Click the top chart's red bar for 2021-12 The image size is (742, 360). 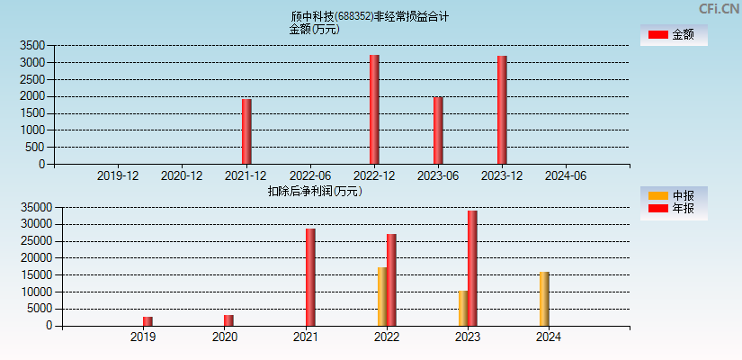point(246,131)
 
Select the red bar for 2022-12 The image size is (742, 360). point(374,110)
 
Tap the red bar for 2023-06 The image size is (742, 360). point(438,130)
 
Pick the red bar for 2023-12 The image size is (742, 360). point(502,110)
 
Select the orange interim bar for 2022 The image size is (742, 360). point(382,296)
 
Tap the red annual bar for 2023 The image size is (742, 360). point(472,268)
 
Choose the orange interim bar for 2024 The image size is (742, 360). point(544,299)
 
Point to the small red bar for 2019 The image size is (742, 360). point(148,320)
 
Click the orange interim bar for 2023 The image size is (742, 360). point(463,308)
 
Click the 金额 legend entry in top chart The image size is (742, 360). point(673,34)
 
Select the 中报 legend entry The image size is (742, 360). point(673,195)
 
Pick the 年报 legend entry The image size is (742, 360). point(673,209)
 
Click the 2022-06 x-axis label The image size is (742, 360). point(309,176)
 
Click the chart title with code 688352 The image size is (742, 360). point(370,16)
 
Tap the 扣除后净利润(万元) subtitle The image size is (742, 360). point(314,191)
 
